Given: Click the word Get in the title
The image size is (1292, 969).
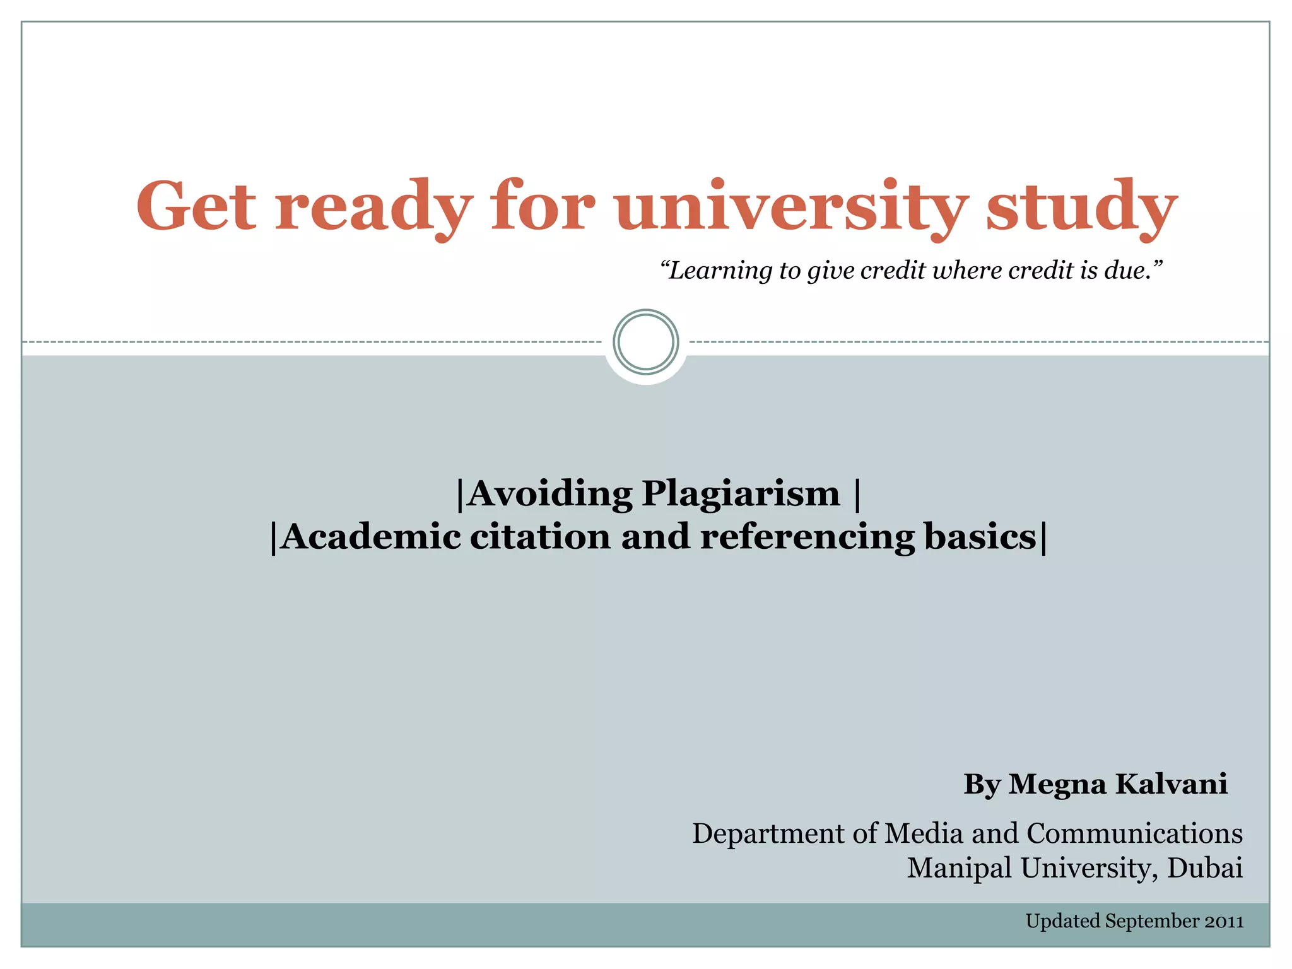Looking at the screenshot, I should (196, 206).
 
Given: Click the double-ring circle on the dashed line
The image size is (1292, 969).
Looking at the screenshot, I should (646, 342).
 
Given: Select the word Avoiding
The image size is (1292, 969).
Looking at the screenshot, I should (549, 493).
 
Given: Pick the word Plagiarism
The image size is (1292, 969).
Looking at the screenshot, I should (741, 495).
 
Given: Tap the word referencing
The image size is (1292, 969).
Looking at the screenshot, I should (807, 538).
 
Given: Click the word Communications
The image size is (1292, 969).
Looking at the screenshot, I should (1134, 833).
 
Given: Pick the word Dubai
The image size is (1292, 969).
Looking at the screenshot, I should (1204, 868).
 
